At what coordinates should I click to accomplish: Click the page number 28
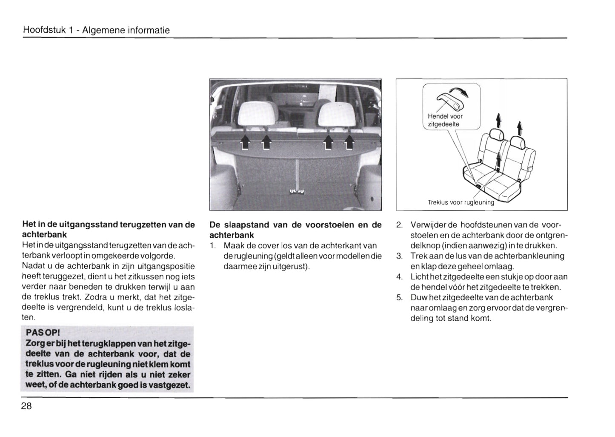(x=26, y=406)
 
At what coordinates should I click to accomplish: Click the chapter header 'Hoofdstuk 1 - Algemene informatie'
(x=96, y=30)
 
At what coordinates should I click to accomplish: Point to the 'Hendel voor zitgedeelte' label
(x=445, y=120)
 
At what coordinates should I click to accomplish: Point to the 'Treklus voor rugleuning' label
(x=461, y=202)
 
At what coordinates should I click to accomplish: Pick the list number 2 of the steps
(x=399, y=225)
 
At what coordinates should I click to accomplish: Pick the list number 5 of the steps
(x=399, y=297)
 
